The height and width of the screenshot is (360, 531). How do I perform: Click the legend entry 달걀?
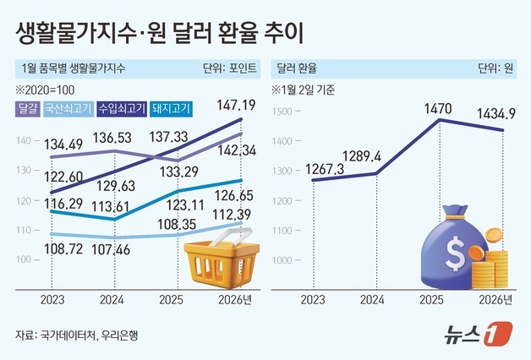(26, 108)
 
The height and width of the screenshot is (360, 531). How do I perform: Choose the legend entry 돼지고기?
(172, 108)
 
